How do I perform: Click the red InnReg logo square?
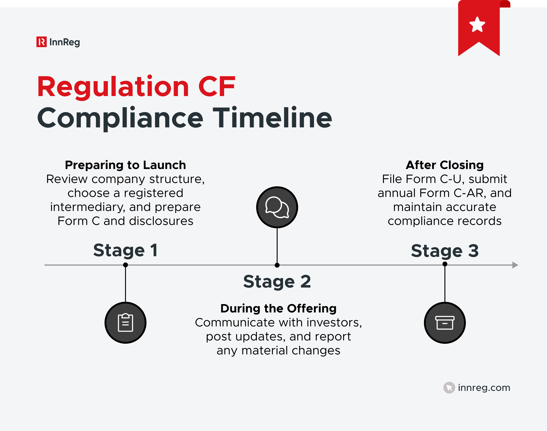pos(41,42)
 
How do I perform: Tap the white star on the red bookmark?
pos(477,25)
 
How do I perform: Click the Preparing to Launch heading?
pos(125,165)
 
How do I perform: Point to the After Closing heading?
pos(445,165)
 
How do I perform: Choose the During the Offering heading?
pos(278,308)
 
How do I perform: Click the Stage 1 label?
pos(125,250)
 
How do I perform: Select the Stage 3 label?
pos(445,251)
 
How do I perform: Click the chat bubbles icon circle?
pos(277,207)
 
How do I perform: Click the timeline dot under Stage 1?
pos(125,265)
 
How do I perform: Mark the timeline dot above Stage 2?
pos(277,265)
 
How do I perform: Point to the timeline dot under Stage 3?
pos(445,264)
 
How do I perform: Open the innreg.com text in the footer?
pos(484,388)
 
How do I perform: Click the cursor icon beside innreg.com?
pos(449,388)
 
